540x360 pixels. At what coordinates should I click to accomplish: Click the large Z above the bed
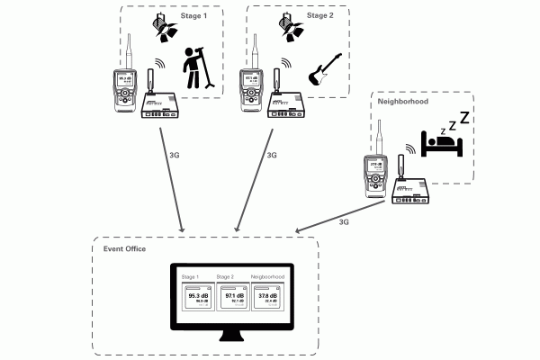pyautogui.click(x=464, y=117)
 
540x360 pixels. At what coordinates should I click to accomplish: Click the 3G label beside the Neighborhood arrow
pyautogui.click(x=345, y=221)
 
